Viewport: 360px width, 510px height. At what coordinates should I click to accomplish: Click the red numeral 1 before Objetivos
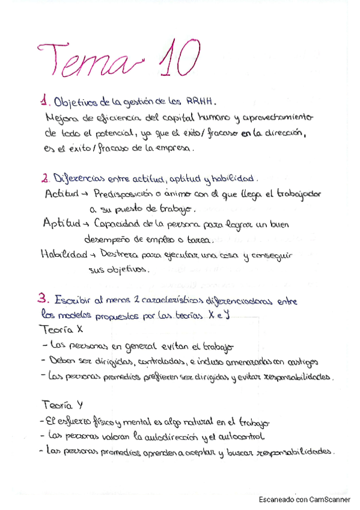pos(44,102)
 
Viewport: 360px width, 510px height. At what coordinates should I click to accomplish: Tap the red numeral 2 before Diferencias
pos(45,179)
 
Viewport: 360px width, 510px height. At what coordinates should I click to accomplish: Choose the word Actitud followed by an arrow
pos(62,194)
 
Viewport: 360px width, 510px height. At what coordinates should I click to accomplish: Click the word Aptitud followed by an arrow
pos(61,224)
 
